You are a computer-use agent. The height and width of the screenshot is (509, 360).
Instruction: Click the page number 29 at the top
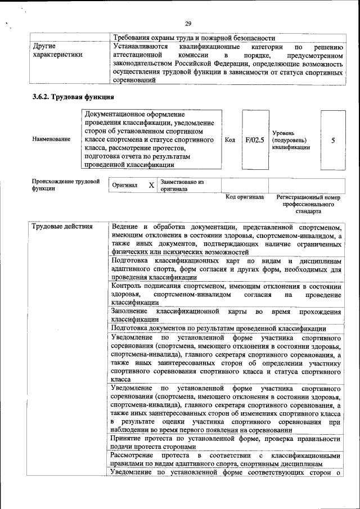click(188, 23)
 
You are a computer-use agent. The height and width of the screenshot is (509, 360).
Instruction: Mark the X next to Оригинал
click(151, 185)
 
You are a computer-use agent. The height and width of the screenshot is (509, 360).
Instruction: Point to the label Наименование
click(51, 139)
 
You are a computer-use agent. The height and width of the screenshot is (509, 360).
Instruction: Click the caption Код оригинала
click(244, 197)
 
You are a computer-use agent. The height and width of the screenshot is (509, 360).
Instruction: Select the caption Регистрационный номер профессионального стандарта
click(308, 205)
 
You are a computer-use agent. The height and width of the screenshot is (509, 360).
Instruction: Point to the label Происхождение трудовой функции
click(65, 185)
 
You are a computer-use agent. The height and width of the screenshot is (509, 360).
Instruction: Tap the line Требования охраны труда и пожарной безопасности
click(193, 38)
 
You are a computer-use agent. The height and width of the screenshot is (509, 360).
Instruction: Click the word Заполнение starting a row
click(129, 311)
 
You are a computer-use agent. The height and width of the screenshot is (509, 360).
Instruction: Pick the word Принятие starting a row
click(127, 439)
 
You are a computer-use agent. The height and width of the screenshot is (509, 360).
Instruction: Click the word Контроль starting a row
click(128, 286)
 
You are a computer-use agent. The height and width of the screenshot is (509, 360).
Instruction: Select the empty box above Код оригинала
click(244, 185)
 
